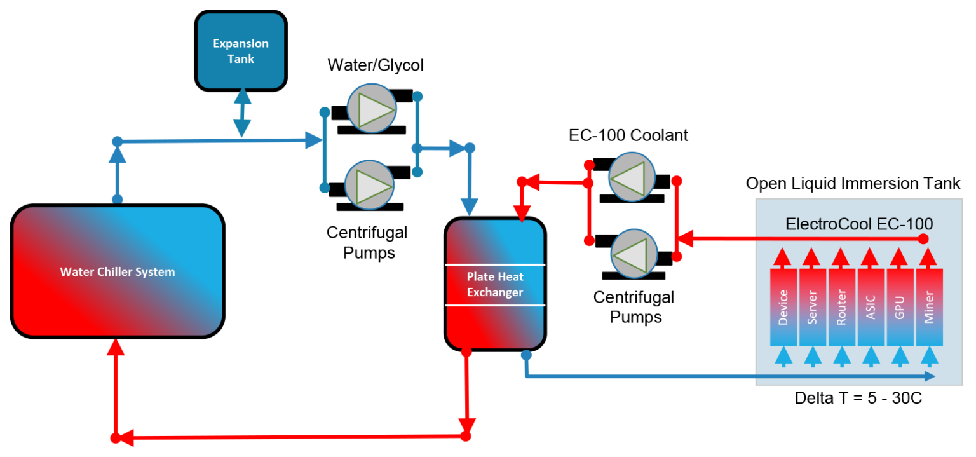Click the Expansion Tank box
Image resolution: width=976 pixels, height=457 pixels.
click(x=241, y=51)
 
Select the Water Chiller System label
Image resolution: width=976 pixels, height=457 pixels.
click(x=118, y=272)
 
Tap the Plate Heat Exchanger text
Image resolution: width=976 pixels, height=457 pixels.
click(x=495, y=284)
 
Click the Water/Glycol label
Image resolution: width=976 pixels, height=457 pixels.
click(x=375, y=65)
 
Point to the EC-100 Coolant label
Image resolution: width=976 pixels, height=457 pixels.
click(x=628, y=135)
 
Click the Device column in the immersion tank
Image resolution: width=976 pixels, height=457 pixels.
click(x=783, y=307)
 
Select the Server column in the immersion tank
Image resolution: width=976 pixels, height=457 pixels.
click(x=813, y=307)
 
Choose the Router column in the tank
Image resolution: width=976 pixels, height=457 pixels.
click(x=842, y=307)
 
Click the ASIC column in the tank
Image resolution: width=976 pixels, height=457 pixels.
click(x=871, y=307)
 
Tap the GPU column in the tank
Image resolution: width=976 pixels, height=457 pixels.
click(x=900, y=307)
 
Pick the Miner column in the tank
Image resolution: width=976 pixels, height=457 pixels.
click(x=929, y=307)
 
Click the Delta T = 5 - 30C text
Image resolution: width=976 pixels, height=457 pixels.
click(x=858, y=399)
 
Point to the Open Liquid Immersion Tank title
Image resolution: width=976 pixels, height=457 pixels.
click(x=853, y=184)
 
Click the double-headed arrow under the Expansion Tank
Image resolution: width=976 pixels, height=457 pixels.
click(x=241, y=114)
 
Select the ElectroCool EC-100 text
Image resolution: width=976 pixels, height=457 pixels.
click(x=859, y=224)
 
